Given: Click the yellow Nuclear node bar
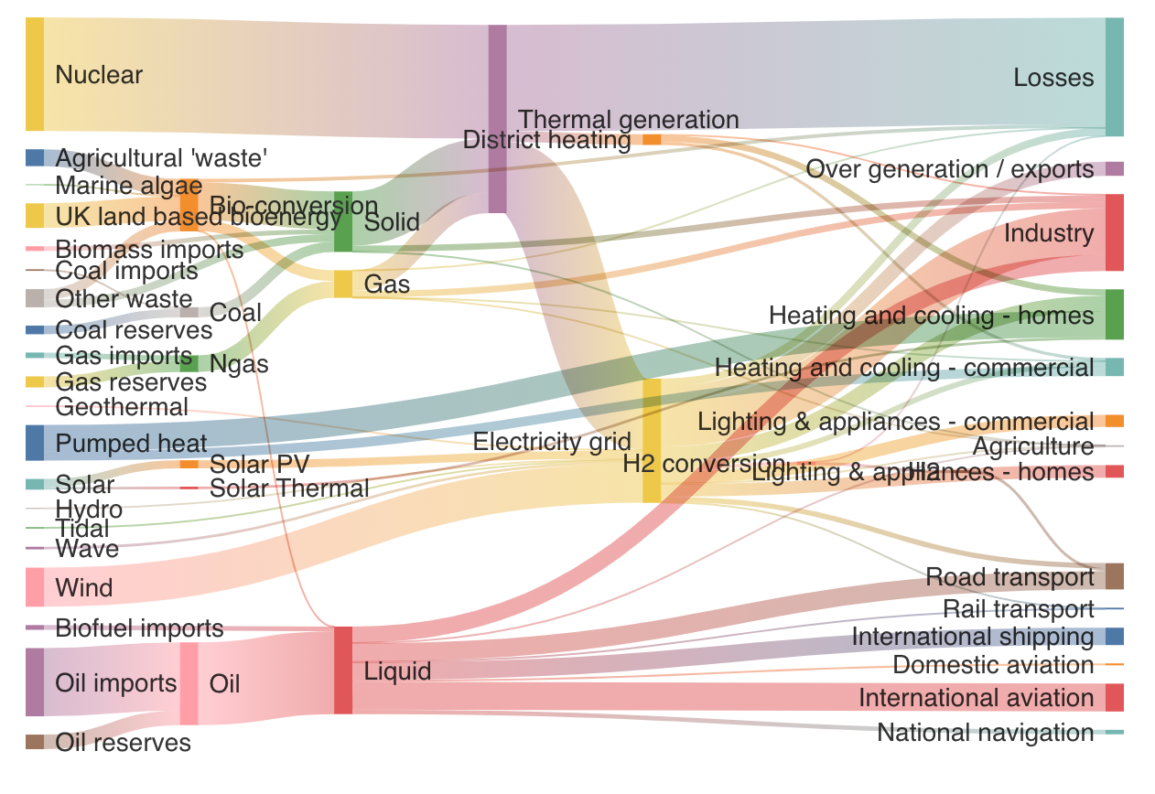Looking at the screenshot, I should click(x=35, y=74).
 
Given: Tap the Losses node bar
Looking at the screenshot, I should click(x=1114, y=77).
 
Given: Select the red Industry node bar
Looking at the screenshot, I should click(x=1114, y=232).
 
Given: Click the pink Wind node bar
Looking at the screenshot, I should click(x=35, y=587).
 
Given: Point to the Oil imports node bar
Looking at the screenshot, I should click(x=35, y=682).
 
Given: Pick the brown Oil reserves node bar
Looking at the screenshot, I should click(x=35, y=742).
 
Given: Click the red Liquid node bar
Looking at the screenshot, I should click(x=343, y=670).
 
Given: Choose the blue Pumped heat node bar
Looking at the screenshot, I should click(x=35, y=443).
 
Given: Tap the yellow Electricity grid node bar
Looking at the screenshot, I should click(x=652, y=440).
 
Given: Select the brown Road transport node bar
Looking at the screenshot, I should click(x=1114, y=576).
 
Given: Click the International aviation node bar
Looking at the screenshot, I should click(x=1114, y=697).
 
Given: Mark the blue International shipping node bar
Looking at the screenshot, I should click(x=1114, y=636).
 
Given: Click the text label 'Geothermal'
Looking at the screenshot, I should click(x=122, y=407).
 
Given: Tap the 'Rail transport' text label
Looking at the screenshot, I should click(x=1018, y=609).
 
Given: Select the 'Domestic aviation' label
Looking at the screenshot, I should click(x=993, y=665).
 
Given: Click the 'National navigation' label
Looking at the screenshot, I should click(x=985, y=733).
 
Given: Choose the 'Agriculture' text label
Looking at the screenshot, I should click(x=1032, y=446).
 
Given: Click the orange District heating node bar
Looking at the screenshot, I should click(x=652, y=139).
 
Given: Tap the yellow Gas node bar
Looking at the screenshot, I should click(x=343, y=284).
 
